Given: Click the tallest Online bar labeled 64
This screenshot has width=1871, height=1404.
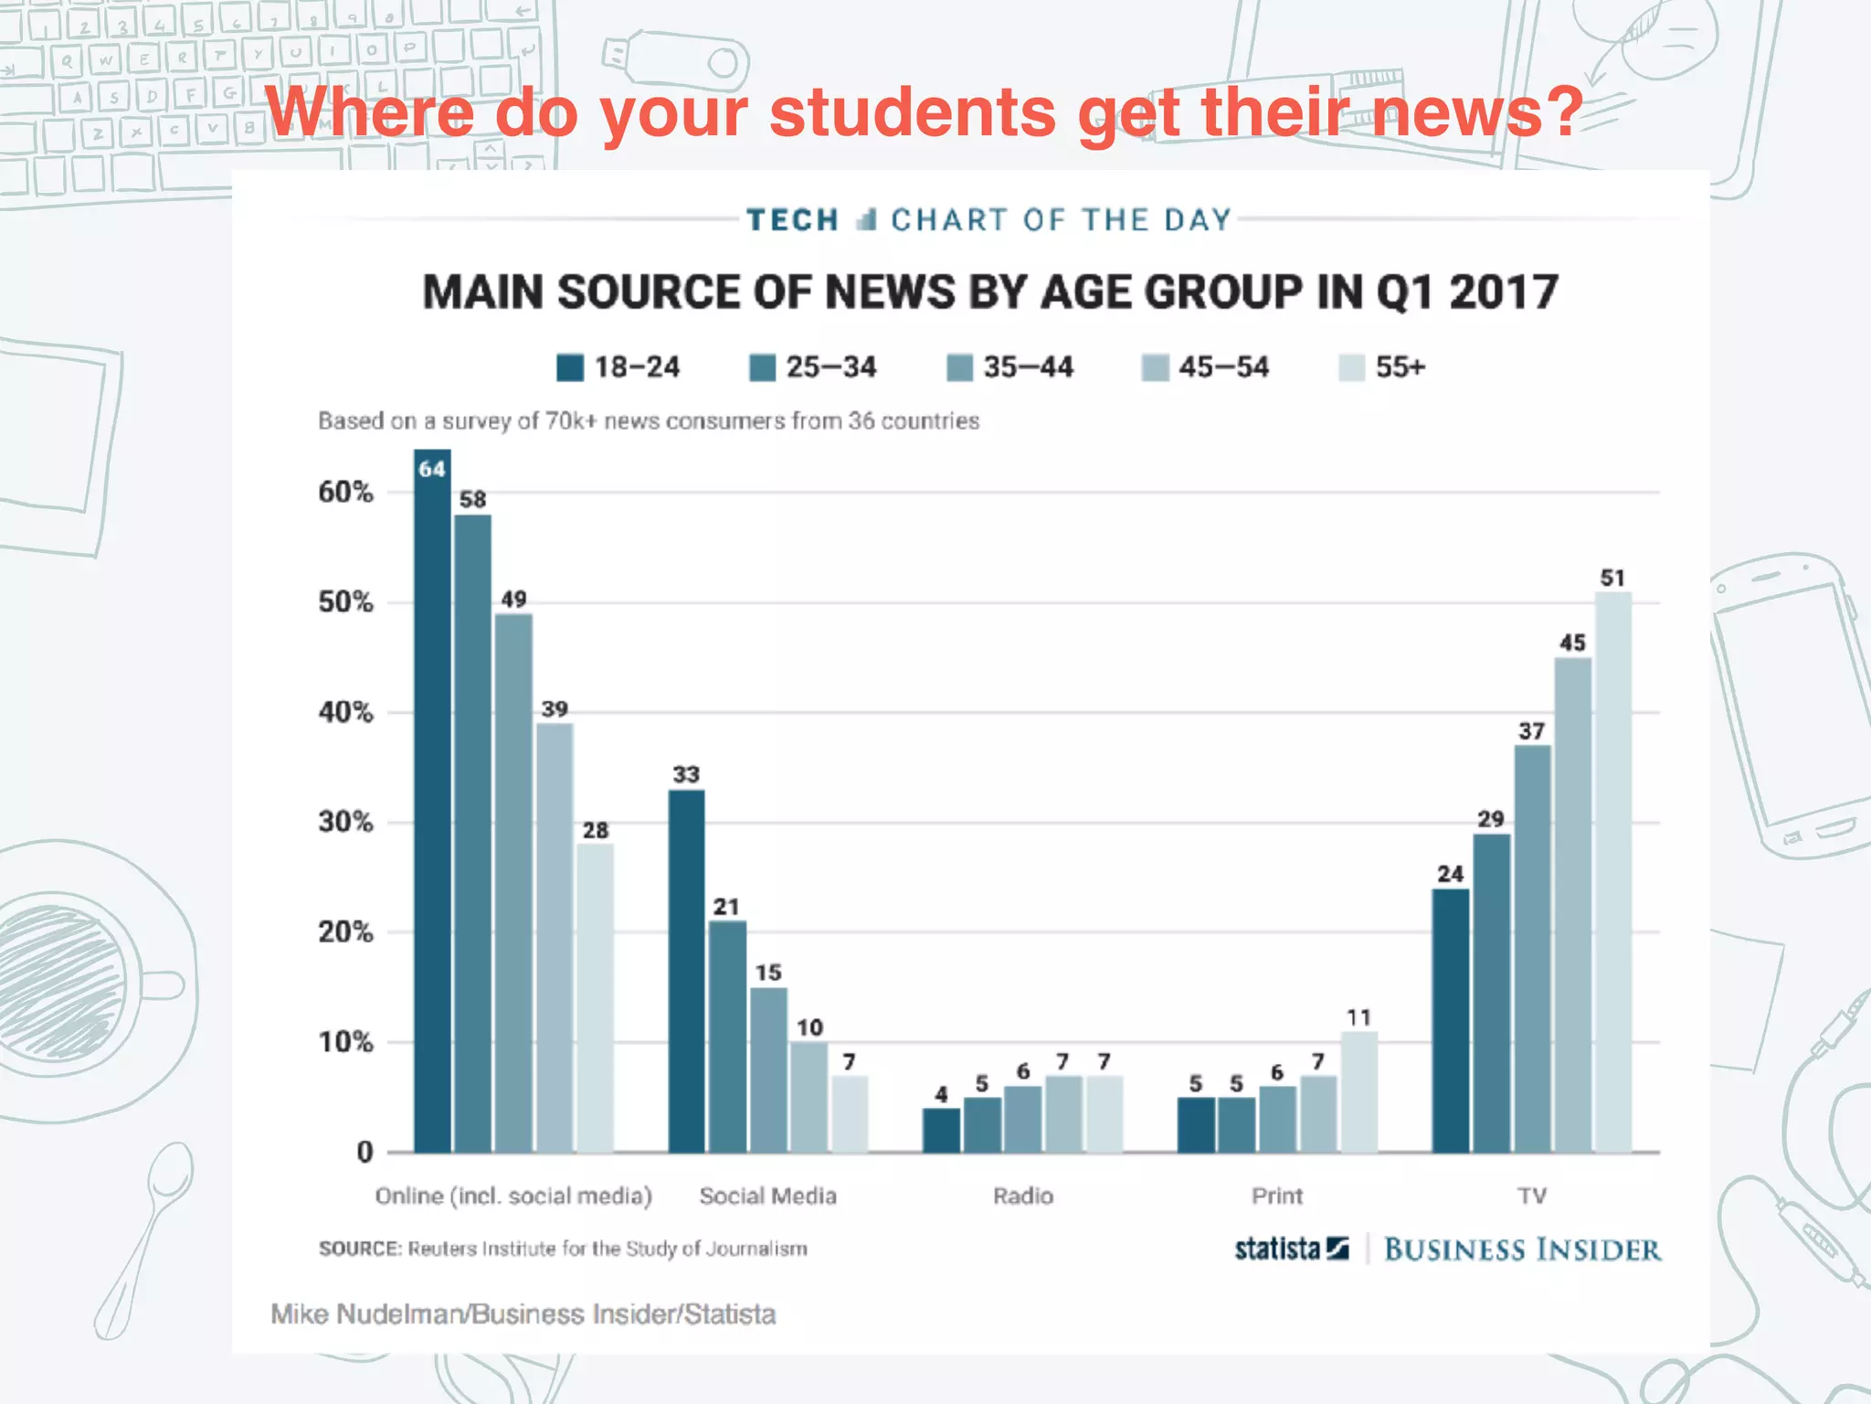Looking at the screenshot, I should pos(432,804).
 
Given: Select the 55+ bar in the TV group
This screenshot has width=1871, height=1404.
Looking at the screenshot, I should pos(1613,873).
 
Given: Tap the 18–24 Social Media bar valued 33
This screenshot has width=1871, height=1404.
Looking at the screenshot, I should pos(686,971).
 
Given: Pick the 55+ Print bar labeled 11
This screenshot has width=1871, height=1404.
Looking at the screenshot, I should pos(1359,1092).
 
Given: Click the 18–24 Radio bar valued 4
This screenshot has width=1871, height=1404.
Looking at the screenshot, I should pos(941,1130).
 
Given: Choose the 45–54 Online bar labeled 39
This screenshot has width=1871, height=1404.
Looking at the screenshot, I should pos(555,938).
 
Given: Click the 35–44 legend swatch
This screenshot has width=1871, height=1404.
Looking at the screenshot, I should pos(959,367).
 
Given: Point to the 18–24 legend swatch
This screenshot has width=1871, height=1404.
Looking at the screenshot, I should pos(570,367).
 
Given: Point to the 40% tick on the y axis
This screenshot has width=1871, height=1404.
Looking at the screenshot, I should pos(345,712).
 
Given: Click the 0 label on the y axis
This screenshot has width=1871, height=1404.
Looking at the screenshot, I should pos(365,1152).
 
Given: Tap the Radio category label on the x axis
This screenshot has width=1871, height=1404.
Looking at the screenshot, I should pos(1023,1196).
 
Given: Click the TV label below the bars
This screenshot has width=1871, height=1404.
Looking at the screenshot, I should pos(1532,1196).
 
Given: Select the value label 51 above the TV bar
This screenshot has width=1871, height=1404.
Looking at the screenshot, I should pos(1612,578).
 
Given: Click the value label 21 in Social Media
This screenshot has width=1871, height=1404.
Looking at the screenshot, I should pos(726,907).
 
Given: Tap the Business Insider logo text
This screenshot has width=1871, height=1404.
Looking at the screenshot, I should pos(1522,1250).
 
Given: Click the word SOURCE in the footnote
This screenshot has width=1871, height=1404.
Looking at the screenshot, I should pos(359,1249).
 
